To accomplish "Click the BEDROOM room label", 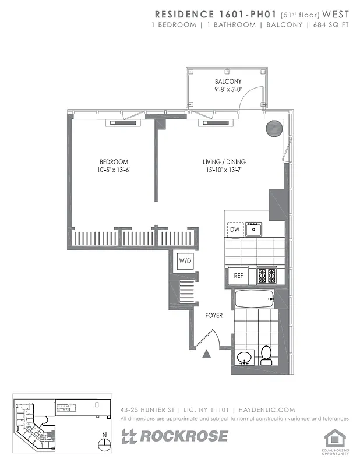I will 114,161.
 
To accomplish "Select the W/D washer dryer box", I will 186,260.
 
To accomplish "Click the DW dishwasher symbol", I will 235,230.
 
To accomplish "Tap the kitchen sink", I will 253,230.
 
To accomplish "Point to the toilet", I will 266,354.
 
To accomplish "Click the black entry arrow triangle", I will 206,352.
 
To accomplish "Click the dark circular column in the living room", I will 273,128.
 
